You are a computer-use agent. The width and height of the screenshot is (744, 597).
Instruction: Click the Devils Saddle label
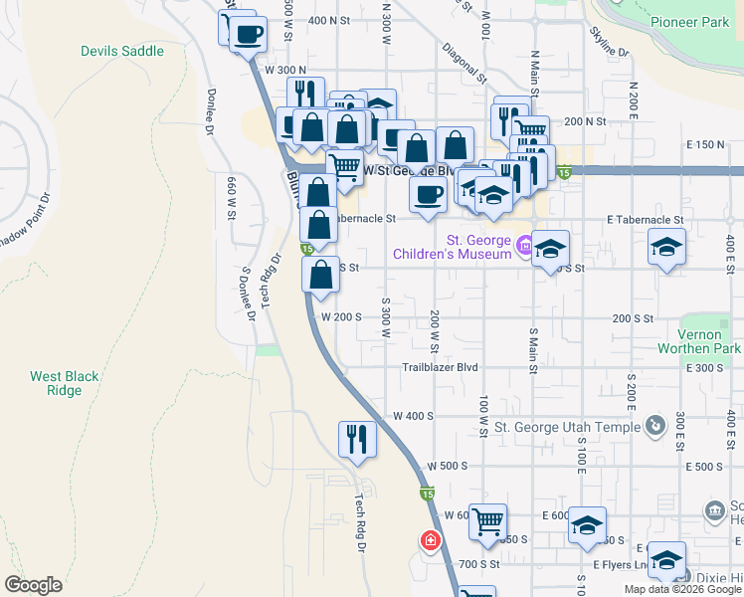[122, 51]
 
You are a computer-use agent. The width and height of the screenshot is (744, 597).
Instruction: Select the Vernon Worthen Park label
[699, 342]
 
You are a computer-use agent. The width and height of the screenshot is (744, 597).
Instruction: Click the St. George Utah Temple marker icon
[654, 427]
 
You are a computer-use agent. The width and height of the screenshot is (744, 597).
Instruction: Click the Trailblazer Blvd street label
[440, 367]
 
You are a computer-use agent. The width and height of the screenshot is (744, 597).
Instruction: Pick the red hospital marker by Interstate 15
[431, 541]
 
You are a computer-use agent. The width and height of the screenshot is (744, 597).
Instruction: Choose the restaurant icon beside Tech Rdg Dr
[357, 439]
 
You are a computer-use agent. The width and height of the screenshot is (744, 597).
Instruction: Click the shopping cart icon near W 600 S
[487, 520]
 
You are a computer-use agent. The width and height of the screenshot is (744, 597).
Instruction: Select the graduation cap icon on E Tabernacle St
[666, 247]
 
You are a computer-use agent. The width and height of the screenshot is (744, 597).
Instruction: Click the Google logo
[33, 585]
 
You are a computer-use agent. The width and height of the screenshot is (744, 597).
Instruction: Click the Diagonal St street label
[465, 61]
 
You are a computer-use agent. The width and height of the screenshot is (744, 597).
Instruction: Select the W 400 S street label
[414, 416]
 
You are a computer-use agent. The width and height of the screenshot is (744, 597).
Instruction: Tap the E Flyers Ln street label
[620, 565]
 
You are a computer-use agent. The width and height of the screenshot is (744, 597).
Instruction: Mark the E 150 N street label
[705, 145]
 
